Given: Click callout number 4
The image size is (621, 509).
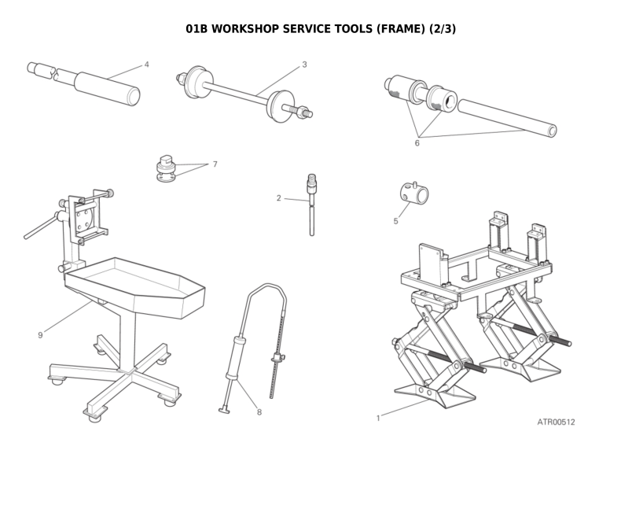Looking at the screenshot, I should (146, 65).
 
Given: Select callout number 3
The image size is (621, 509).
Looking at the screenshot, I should (304, 65).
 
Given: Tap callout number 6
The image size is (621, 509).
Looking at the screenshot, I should (417, 143).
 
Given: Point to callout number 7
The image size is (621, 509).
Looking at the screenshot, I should (215, 164).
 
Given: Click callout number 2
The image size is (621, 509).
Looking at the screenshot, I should (278, 198).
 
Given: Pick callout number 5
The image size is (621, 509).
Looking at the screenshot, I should (395, 221).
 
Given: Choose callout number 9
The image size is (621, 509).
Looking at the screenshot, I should (40, 335).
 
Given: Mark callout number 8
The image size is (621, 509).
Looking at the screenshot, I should (259, 411).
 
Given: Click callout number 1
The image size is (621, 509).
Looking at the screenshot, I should (378, 418).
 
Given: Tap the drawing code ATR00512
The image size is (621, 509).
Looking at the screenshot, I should (556, 422).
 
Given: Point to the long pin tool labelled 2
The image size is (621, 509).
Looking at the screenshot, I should (312, 208).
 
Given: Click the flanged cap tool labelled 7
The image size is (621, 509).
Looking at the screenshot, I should (165, 168).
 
